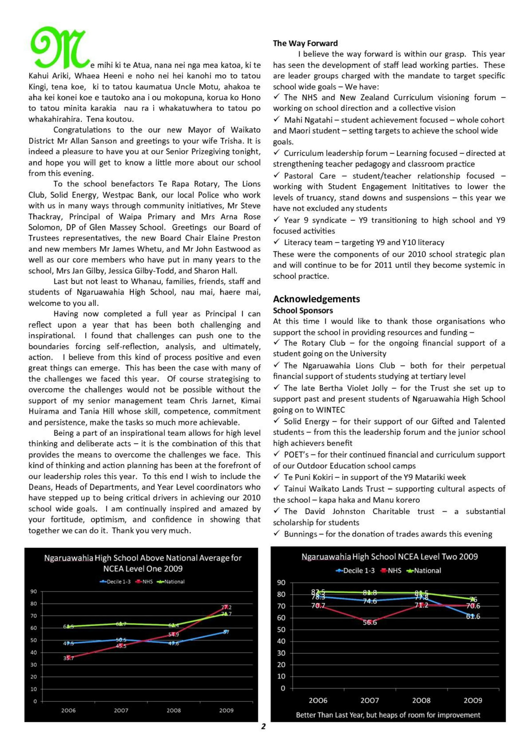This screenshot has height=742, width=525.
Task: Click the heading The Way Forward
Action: coord(305,43)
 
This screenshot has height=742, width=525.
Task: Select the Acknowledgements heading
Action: coord(316,299)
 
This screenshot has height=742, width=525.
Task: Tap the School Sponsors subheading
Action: coord(303,310)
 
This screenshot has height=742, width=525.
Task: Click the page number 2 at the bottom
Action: coord(263,726)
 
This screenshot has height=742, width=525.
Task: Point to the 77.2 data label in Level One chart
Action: coord(226,607)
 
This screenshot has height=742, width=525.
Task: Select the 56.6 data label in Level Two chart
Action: coord(370,622)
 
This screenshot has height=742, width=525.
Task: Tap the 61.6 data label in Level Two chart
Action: coord(473,616)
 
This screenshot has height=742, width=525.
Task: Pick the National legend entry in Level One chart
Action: coord(174,582)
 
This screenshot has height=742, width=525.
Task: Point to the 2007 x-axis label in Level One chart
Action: coord(121,710)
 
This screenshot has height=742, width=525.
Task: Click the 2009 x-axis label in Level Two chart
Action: coord(473,700)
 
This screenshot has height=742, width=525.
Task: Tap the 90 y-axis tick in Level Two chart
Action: coord(281,582)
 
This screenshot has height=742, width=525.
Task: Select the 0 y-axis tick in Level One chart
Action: coord(35,701)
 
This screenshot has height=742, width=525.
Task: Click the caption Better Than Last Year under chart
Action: coord(388,715)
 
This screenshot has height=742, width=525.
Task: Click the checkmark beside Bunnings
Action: coord(277,533)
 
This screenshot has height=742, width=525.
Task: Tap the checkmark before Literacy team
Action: coord(277,242)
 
